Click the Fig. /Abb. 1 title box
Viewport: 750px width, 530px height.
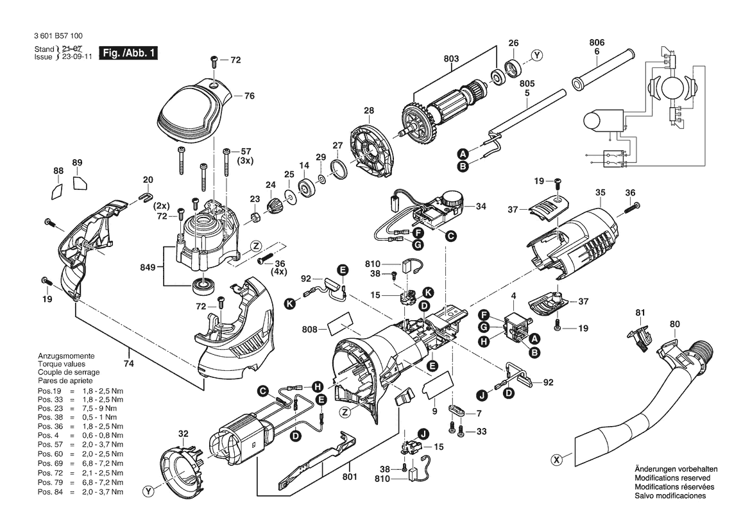point(128,53)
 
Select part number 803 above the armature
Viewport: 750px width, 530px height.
point(451,59)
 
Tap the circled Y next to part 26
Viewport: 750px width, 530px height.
point(537,55)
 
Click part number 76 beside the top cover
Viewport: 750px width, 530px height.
point(249,96)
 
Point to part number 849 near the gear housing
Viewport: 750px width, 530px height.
point(148,267)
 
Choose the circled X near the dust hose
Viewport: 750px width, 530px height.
point(556,460)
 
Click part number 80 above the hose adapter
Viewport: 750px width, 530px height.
point(674,324)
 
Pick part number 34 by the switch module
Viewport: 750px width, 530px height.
point(481,206)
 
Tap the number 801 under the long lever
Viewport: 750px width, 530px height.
point(350,477)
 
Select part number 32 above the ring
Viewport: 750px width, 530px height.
point(183,434)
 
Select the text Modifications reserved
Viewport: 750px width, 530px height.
point(672,478)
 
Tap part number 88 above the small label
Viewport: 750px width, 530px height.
point(58,171)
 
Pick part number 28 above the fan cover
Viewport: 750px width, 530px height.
point(369,110)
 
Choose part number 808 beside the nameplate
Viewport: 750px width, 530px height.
point(310,329)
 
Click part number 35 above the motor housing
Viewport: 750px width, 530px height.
point(601,192)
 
